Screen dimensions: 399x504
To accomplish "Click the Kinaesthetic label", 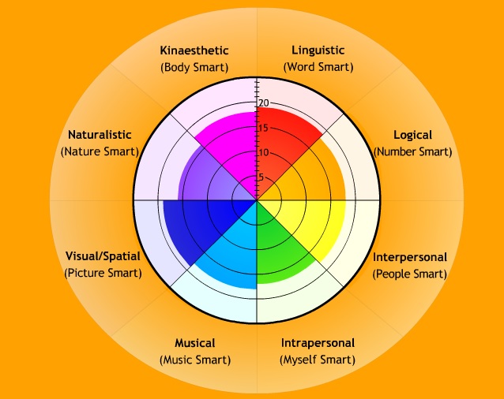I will pyautogui.click(x=194, y=51).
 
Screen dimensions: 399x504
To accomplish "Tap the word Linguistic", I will pyautogui.click(x=317, y=51).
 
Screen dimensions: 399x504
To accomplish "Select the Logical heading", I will pyautogui.click(x=412, y=135).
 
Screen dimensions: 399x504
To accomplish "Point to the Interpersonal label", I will pyautogui.click(x=410, y=257).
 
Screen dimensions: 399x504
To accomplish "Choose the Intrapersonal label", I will pyautogui.click(x=318, y=343).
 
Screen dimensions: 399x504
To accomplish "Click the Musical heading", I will pyautogui.click(x=194, y=343).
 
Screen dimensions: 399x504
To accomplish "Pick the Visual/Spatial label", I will pyautogui.click(x=103, y=256).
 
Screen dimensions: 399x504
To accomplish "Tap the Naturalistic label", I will pyautogui.click(x=99, y=135).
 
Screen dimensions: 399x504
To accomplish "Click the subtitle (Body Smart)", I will pyautogui.click(x=194, y=67).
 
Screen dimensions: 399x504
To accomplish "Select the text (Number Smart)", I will pyautogui.click(x=413, y=151).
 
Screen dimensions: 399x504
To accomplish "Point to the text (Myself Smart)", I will pyautogui.click(x=318, y=360).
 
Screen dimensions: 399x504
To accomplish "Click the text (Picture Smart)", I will pyautogui.click(x=103, y=273).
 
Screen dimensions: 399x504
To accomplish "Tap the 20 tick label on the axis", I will pyautogui.click(x=265, y=103).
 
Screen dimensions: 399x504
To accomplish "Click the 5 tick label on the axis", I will pyautogui.click(x=261, y=177).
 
